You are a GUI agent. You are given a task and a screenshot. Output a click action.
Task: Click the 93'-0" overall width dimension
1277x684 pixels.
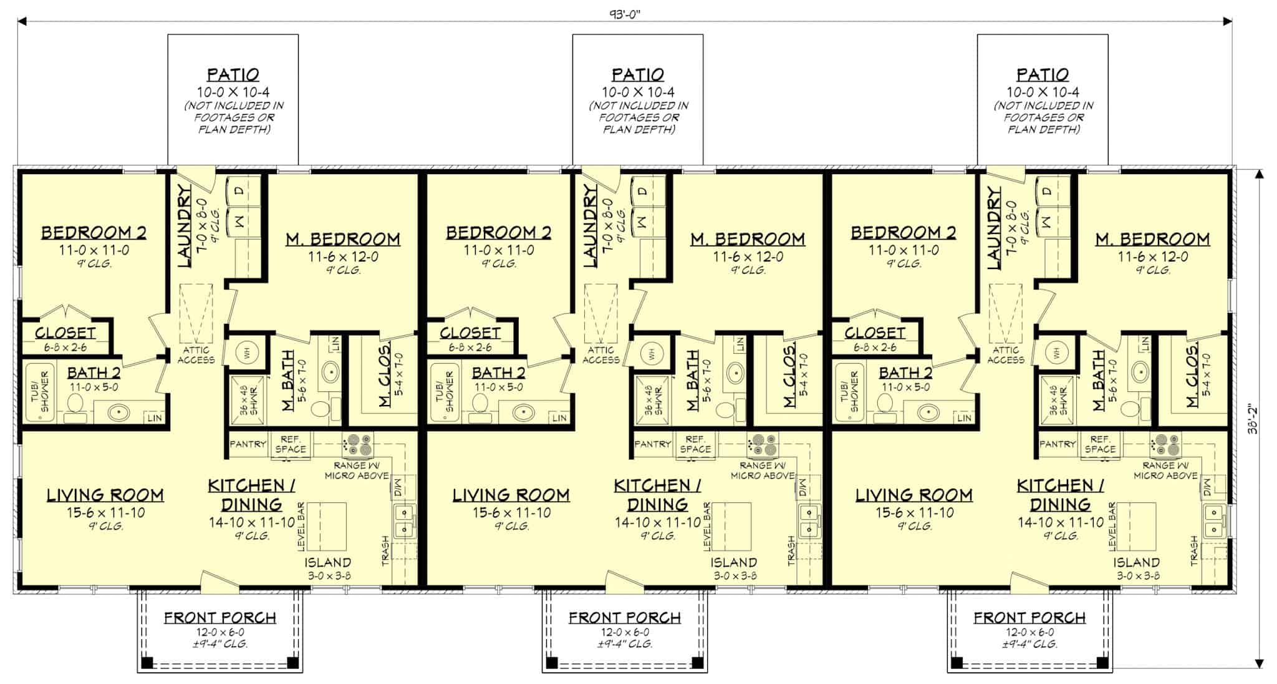tap(625, 14)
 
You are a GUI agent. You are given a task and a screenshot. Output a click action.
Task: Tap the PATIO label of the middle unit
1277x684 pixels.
tap(638, 75)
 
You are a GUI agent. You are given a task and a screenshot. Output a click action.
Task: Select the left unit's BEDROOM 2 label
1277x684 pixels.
tap(94, 233)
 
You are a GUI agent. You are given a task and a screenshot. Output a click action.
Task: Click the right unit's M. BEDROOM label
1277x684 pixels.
tap(1152, 239)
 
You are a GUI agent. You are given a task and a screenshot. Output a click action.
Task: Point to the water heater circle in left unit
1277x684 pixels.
tap(246, 353)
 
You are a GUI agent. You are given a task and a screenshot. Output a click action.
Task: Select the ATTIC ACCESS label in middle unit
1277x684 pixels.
tap(600, 354)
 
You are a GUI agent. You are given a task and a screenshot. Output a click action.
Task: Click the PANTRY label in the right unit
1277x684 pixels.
tap(1057, 444)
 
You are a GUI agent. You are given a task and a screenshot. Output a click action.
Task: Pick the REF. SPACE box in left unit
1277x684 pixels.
tap(290, 444)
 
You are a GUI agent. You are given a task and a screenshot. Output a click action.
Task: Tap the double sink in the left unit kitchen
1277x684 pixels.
tap(405, 521)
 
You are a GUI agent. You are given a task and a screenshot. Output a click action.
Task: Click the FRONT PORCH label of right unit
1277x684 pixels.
tap(1029, 618)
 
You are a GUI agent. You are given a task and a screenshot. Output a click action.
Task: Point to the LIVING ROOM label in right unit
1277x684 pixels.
tap(913, 496)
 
